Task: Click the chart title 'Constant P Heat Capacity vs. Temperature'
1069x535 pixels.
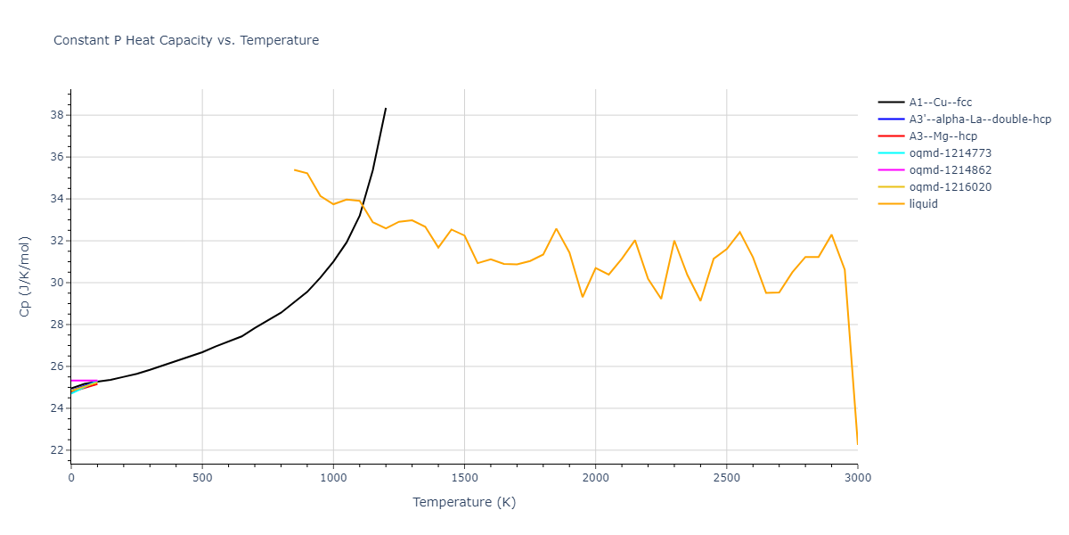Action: click(x=186, y=40)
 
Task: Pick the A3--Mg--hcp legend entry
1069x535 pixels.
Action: click(x=943, y=136)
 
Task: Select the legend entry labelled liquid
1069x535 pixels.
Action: click(x=923, y=204)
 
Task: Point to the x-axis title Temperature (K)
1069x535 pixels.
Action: click(x=464, y=502)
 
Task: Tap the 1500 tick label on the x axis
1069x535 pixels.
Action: click(x=464, y=478)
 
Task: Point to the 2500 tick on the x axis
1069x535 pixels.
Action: click(x=726, y=478)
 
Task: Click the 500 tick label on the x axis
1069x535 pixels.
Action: click(x=202, y=478)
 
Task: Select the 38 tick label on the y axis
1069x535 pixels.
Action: click(x=55, y=115)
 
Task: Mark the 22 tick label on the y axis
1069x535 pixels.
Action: click(x=55, y=450)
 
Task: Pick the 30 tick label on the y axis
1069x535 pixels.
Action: click(x=55, y=283)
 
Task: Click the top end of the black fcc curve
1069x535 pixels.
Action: click(x=386, y=108)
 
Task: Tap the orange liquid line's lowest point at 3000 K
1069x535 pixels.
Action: click(x=857, y=444)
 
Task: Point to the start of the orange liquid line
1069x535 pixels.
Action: click(x=294, y=169)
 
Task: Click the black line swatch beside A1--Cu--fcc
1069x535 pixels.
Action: click(x=892, y=103)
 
